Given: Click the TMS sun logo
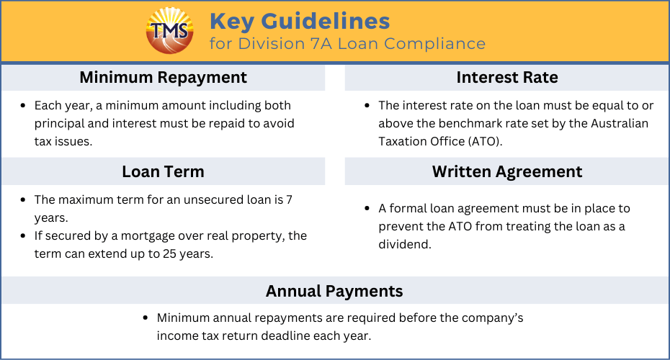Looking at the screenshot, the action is click(169, 31).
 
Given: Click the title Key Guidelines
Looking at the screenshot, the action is click(300, 22).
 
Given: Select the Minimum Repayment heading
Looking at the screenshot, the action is click(164, 77).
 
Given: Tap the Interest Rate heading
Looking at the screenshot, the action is click(507, 77).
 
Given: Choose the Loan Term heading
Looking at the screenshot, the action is click(164, 171).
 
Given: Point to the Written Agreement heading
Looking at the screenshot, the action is click(507, 171).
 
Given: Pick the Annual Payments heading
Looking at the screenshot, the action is click(334, 292).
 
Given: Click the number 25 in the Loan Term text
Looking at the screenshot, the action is click(169, 253).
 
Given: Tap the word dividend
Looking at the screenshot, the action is click(405, 244).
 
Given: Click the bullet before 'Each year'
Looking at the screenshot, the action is click(23, 106).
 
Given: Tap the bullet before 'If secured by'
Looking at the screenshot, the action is click(23, 235).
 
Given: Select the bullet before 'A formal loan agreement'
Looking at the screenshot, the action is click(367, 208).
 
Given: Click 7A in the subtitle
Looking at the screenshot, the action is click(320, 44).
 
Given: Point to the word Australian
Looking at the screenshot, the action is click(620, 123).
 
